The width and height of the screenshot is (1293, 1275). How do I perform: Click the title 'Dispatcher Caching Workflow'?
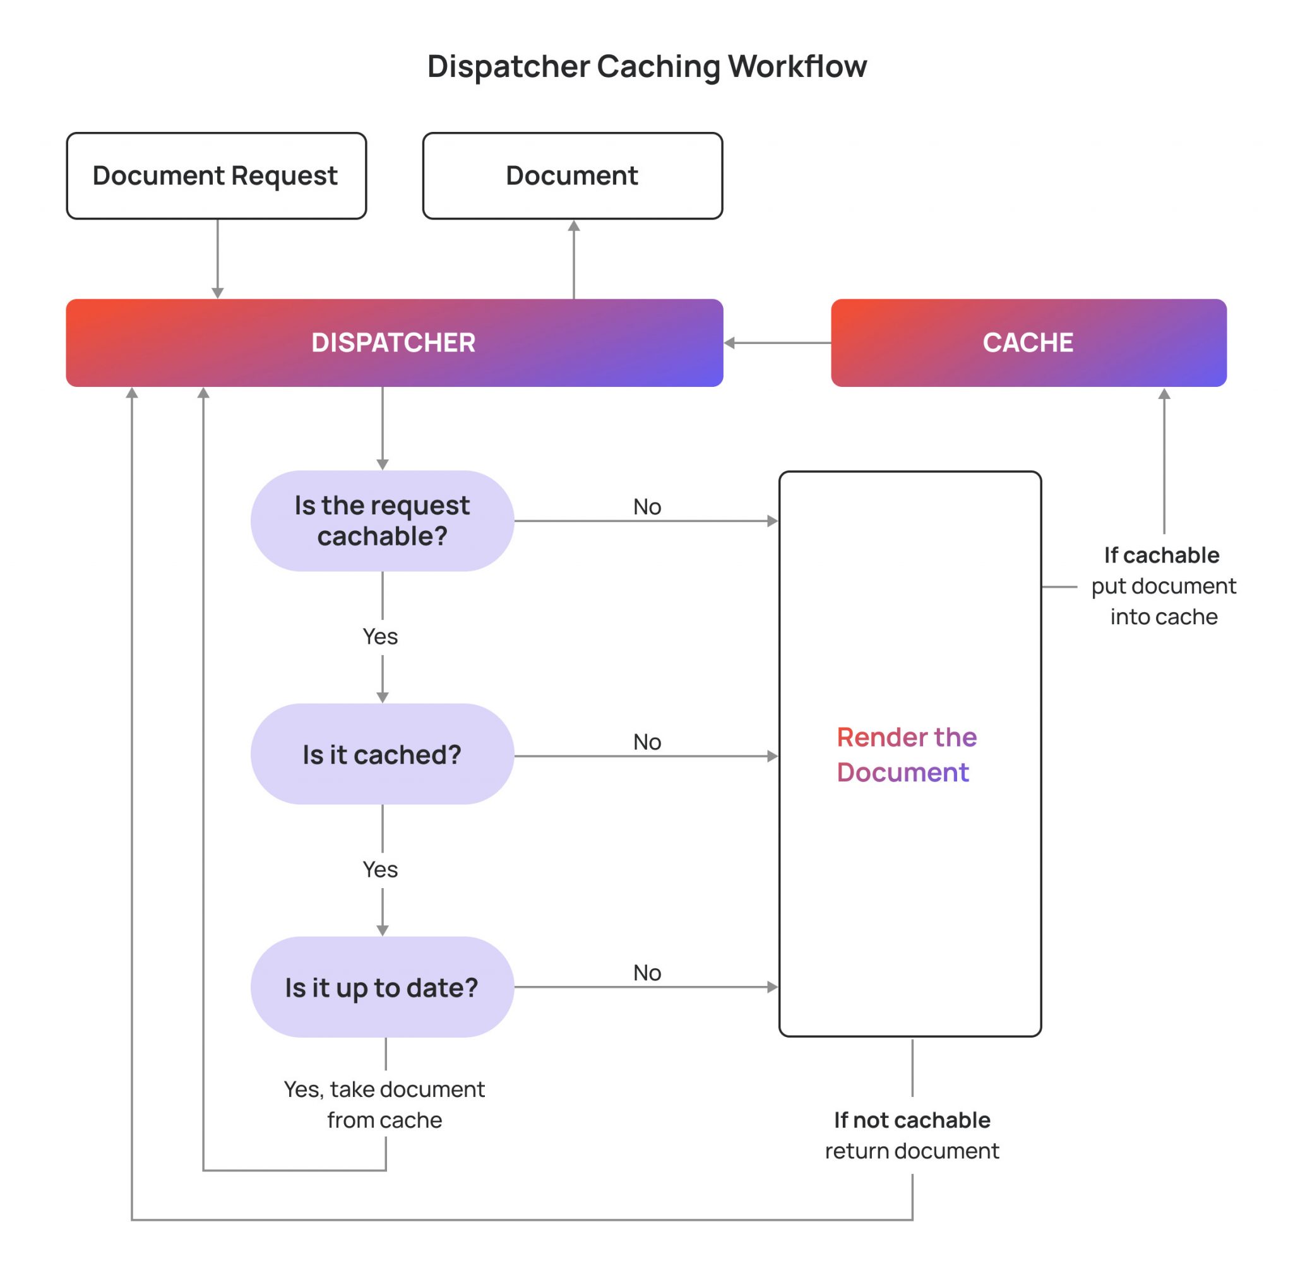(646, 66)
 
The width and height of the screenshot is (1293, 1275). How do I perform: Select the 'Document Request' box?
(216, 176)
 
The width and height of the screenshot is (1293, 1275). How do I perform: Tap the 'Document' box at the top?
(572, 176)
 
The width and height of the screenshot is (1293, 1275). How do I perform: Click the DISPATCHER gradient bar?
(393, 343)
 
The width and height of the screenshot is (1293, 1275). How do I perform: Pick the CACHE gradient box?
(1028, 343)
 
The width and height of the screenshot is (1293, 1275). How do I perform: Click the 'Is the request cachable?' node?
(382, 521)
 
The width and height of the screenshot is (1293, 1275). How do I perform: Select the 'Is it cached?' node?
(382, 754)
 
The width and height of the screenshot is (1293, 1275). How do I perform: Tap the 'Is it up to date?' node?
(382, 987)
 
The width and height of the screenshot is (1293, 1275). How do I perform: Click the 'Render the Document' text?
(906, 754)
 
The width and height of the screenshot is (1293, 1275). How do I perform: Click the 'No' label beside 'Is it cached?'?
(646, 742)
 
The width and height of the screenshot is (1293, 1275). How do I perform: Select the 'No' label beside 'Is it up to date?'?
(646, 973)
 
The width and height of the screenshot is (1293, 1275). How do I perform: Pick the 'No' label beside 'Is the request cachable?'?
(646, 507)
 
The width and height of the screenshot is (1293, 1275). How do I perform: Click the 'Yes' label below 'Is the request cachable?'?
(380, 636)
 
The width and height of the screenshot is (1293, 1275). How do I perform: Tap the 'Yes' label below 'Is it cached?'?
(380, 869)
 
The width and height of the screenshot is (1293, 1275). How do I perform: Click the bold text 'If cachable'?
(1161, 555)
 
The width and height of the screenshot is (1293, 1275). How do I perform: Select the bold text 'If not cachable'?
(912, 1120)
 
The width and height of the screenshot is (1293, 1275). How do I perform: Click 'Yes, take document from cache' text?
(384, 1105)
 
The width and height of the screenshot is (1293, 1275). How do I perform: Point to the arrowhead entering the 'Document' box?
(573, 226)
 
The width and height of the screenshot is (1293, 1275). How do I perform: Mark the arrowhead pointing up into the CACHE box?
(1164, 394)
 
